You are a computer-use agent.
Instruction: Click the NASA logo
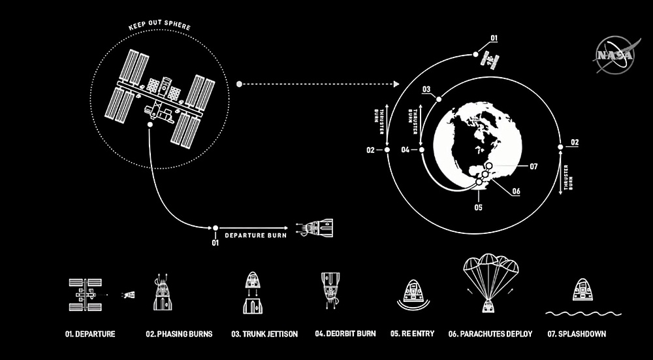(x=613, y=55)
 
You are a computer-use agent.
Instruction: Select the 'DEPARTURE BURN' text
(x=252, y=232)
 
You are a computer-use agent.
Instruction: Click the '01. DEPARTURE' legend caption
(x=90, y=334)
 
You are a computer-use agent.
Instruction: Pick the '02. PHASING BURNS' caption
(x=179, y=334)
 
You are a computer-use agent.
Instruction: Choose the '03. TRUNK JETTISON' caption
(x=264, y=334)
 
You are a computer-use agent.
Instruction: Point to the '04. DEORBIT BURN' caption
(x=345, y=334)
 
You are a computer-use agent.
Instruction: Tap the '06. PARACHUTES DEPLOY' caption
(x=490, y=334)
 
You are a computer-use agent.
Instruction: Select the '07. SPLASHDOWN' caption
(x=577, y=334)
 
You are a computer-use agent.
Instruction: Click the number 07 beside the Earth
(x=534, y=167)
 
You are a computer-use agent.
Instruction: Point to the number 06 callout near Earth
(x=516, y=191)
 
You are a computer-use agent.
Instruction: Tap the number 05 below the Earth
(x=478, y=208)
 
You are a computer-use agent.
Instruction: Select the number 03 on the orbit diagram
(x=426, y=89)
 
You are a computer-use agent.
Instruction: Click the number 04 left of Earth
(x=406, y=150)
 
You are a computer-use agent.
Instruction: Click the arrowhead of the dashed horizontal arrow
(x=396, y=84)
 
